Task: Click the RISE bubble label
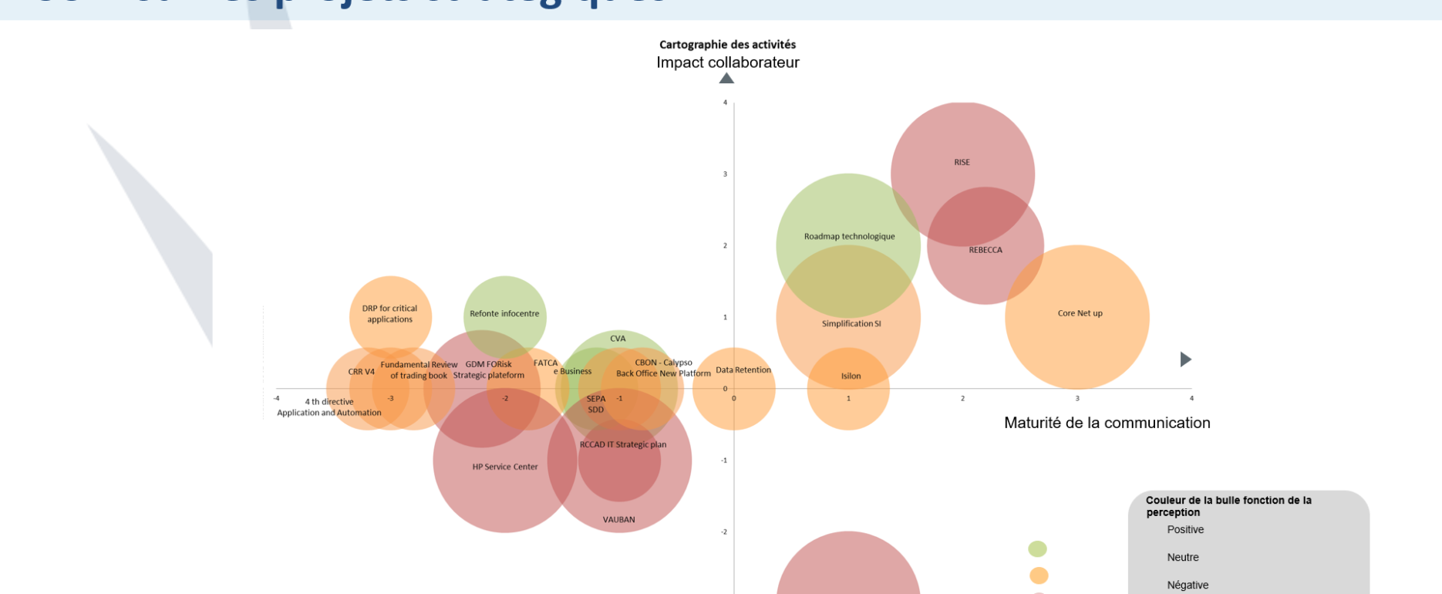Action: [x=962, y=163]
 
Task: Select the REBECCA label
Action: [x=985, y=250]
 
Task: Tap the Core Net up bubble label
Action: [x=1080, y=313]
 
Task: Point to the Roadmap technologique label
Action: [x=849, y=237]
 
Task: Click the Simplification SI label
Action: [x=851, y=324]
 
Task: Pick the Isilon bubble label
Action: [x=851, y=376]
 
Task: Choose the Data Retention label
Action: [x=743, y=370]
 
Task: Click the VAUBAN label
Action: [x=618, y=520]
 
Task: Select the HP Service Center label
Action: [x=505, y=467]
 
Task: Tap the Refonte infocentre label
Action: [x=504, y=314]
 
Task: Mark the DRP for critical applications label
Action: [x=389, y=314]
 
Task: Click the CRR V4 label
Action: [x=361, y=372]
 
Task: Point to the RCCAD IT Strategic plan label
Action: [x=623, y=444]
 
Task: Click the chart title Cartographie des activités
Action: [x=727, y=45]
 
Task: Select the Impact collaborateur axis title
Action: [x=727, y=62]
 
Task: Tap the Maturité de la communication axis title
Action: [x=1107, y=423]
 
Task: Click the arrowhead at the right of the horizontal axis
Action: [x=1186, y=359]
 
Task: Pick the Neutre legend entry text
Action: [x=1183, y=557]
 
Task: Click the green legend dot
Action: [x=1037, y=548]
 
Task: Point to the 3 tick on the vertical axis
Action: [x=725, y=174]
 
